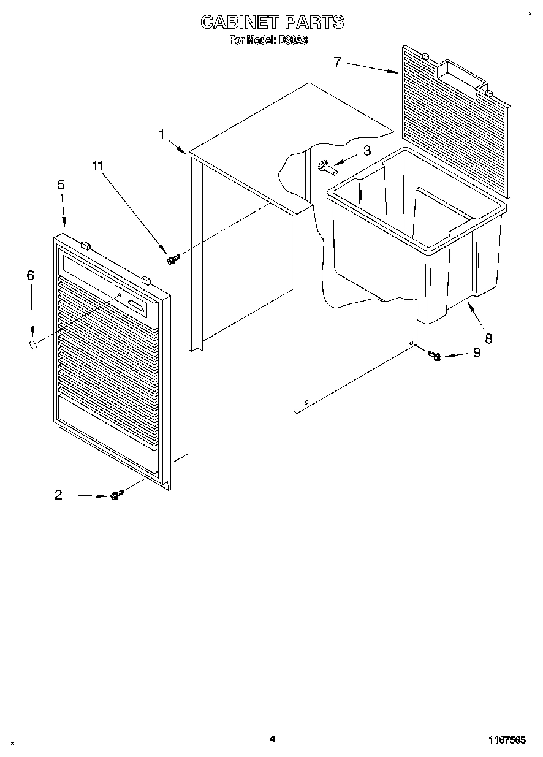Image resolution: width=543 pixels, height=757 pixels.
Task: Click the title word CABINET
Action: [x=240, y=23]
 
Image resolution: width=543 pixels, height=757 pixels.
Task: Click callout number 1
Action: [x=162, y=134]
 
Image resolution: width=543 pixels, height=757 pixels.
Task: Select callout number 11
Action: [x=98, y=165]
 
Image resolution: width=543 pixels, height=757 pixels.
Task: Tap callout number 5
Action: [x=61, y=185]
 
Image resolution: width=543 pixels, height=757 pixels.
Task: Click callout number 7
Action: [x=337, y=62]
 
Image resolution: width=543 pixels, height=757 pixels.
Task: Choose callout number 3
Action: [x=367, y=151]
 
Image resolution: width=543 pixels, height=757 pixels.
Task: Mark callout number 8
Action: [x=488, y=338]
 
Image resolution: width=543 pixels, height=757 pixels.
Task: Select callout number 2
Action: [x=58, y=495]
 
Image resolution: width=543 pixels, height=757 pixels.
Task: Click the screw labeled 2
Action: [x=115, y=495]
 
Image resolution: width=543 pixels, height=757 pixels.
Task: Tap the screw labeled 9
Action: [x=435, y=355]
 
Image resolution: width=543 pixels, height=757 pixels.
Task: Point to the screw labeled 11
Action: [x=172, y=260]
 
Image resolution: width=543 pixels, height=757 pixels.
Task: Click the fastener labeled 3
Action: [x=326, y=165]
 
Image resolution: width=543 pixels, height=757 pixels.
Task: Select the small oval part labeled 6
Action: [x=33, y=346]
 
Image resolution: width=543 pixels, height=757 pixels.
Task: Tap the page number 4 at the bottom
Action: [x=272, y=739]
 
